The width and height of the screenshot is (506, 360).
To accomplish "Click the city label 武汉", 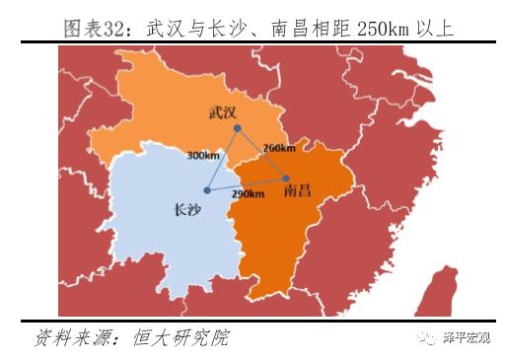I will [x=224, y=113].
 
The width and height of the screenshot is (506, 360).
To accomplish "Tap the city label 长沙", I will [x=187, y=209].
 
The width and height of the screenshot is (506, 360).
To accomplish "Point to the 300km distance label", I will [x=201, y=155].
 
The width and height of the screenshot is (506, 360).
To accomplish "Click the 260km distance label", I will [x=279, y=148].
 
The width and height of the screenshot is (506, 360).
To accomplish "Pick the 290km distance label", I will [x=248, y=194].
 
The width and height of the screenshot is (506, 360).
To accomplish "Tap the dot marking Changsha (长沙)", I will [x=206, y=189].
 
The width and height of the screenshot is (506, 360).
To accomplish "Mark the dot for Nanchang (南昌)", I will [x=285, y=179].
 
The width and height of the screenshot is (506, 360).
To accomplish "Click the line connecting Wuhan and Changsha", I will [x=220, y=160].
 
